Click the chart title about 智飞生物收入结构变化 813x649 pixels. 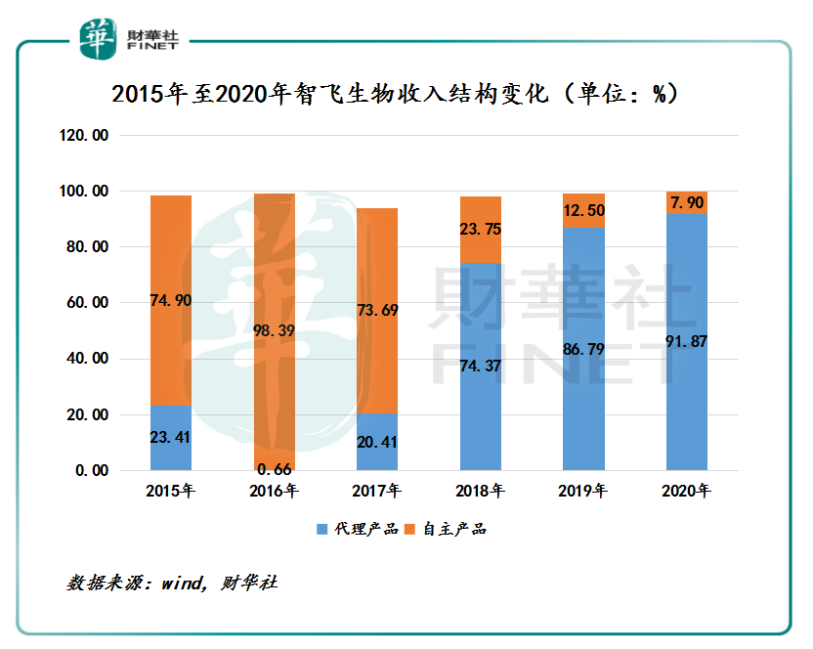pyautogui.click(x=395, y=94)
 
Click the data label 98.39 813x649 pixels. pyautogui.click(x=274, y=331)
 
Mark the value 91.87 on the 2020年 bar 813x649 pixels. pyautogui.click(x=687, y=341)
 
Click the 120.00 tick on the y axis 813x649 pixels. pyautogui.click(x=84, y=135)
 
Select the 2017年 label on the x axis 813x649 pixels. pyautogui.click(x=377, y=490)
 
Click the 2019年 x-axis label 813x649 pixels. pyautogui.click(x=584, y=490)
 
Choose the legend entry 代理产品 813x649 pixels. pyautogui.click(x=358, y=530)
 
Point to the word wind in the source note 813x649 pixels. pyautogui.click(x=187, y=583)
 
